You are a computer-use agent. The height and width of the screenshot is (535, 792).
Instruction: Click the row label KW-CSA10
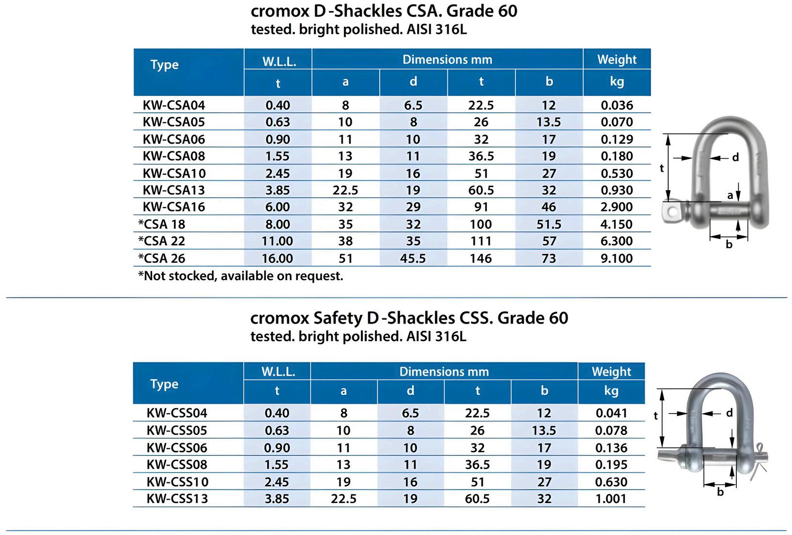coord(174,173)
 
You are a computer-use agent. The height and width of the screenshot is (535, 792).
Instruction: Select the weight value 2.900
coord(617,207)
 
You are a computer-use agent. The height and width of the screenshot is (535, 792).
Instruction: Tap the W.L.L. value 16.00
coord(278,258)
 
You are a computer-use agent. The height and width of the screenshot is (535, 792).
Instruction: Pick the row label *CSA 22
coord(161,241)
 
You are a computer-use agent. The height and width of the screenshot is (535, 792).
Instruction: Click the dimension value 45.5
coord(413,258)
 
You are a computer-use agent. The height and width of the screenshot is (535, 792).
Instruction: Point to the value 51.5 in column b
coord(548,224)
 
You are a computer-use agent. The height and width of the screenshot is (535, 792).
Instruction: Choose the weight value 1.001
coord(611,498)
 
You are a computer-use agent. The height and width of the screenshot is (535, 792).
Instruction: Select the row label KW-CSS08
coord(177,464)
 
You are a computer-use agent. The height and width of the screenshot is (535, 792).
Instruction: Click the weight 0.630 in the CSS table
coord(611,482)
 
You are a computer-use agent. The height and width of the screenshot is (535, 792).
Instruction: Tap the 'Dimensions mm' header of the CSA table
coord(447,59)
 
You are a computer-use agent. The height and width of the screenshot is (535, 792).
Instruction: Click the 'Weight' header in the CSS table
coord(611,372)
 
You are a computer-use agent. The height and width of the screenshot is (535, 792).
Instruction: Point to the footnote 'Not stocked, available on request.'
coord(241,276)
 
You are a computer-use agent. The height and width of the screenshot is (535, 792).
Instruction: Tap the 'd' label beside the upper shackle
coord(735,157)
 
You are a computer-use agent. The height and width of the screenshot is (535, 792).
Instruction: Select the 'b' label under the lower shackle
coord(720,492)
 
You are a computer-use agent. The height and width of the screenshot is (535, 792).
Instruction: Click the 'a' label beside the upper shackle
coord(730,195)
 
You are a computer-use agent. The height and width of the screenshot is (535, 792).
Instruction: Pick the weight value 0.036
coord(617,105)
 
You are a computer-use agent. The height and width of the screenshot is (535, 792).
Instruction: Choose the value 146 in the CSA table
coord(481,258)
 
